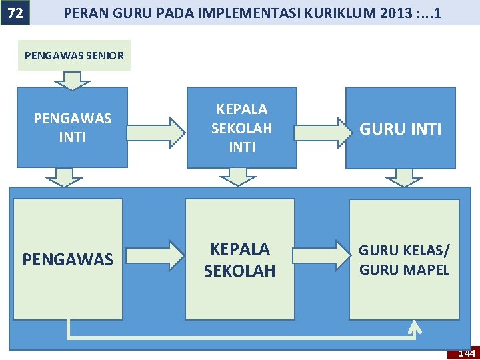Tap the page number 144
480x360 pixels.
467,353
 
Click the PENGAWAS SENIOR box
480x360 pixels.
74,55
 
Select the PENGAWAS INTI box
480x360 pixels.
72,127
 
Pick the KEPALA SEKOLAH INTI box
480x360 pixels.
241,127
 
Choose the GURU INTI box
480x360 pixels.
400,128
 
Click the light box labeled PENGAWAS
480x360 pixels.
68,259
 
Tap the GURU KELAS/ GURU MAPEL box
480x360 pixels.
404,259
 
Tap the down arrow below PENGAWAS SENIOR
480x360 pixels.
72,80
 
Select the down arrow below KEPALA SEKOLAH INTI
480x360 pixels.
238,177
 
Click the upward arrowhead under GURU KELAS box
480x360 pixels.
415,327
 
